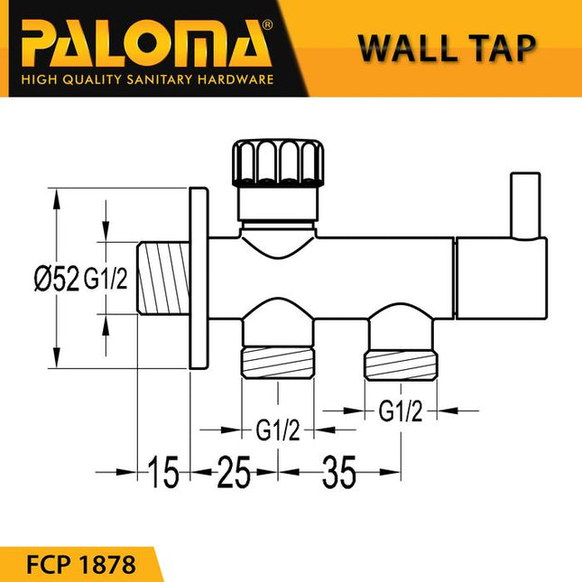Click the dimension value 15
pyautogui.click(x=165, y=472)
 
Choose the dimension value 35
pyautogui.click(x=338, y=472)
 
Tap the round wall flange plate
pyautogui.click(x=199, y=277)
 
